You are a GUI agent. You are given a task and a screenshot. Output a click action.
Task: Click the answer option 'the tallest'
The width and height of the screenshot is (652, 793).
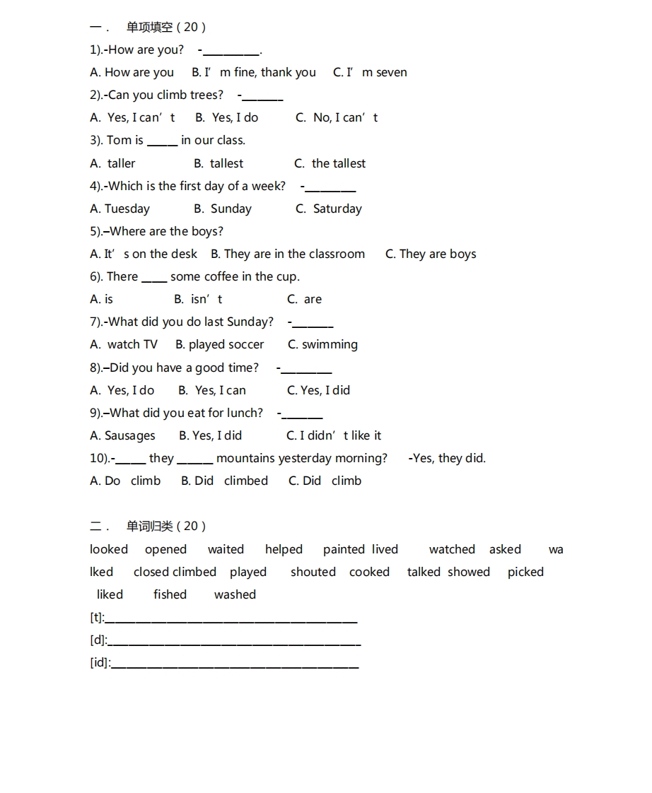click(338, 163)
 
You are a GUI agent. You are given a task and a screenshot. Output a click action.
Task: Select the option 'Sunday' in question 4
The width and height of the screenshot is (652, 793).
click(231, 208)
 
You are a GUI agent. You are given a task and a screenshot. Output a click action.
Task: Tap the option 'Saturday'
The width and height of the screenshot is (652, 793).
click(337, 208)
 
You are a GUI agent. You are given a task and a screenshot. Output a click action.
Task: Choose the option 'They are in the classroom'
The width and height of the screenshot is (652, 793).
click(294, 254)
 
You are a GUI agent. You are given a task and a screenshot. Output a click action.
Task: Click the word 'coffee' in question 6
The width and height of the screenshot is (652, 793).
click(221, 276)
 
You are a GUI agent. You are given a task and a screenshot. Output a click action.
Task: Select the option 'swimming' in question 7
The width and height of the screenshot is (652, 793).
click(330, 344)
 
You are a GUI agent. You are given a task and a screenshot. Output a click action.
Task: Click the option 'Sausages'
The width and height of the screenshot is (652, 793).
click(129, 435)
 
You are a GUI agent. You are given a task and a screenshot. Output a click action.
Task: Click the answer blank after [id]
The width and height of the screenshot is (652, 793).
click(235, 664)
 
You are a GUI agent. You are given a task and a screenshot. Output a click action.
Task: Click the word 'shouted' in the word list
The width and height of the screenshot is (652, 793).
click(313, 572)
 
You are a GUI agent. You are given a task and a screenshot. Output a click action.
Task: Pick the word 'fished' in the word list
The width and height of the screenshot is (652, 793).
click(170, 594)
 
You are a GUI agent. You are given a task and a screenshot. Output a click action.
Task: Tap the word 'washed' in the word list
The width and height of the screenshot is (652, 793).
click(235, 594)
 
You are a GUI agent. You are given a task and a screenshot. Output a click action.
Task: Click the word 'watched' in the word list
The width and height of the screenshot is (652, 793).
click(452, 549)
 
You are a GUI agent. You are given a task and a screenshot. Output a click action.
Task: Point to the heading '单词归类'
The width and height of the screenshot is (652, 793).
click(150, 526)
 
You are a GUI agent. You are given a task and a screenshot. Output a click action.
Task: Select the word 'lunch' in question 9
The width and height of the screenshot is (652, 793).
click(245, 413)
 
